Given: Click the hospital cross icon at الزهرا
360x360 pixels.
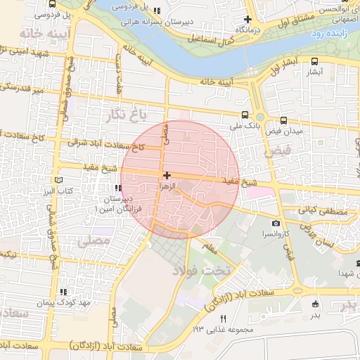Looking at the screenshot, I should pyautogui.click(x=167, y=175).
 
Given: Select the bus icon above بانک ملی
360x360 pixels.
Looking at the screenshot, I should pyautogui.click(x=244, y=115).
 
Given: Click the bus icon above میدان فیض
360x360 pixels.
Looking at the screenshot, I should pyautogui.click(x=283, y=120).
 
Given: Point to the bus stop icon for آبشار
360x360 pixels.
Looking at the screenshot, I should pyautogui.click(x=314, y=60).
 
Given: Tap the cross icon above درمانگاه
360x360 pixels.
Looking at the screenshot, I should pyautogui.click(x=247, y=19).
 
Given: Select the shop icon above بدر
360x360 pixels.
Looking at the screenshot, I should pyautogui.click(x=314, y=304).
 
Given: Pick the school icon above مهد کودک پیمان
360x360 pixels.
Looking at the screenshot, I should pyautogui.click(x=63, y=292).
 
